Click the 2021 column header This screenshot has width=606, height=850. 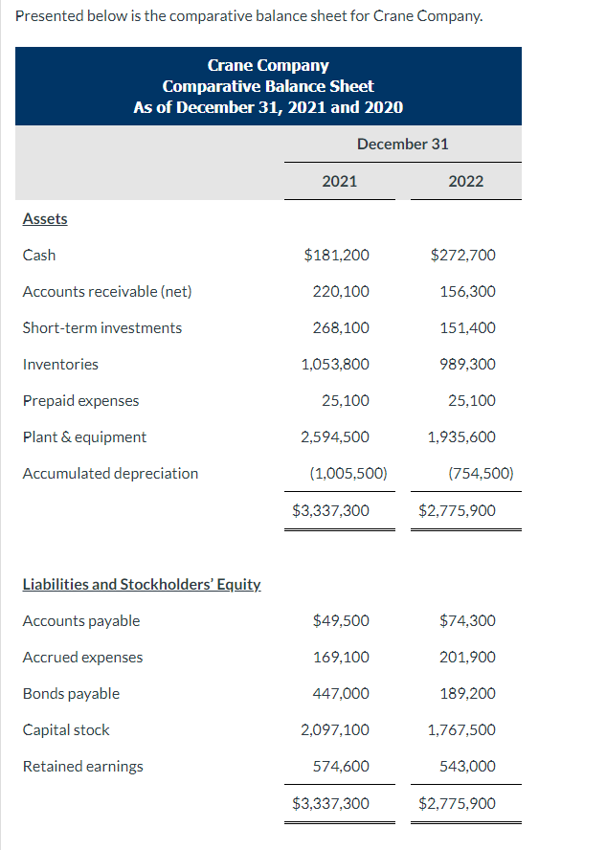pos(339,181)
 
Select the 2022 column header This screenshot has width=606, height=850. pos(465,181)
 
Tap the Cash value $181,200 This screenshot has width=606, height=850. pos(336,255)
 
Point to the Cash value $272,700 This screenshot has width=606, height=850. pos(463,255)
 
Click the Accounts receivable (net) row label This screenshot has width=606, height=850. pos(107,291)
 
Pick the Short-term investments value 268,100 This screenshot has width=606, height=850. pos(341,327)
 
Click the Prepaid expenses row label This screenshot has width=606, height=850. pos(80,400)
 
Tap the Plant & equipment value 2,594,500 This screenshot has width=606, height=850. pos(335,436)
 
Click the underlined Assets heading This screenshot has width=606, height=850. pos(45,218)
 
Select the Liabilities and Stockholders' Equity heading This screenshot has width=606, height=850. pos(142,584)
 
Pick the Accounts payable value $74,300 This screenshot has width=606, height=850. pos(467,620)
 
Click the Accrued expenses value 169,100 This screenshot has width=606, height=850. pos(341,657)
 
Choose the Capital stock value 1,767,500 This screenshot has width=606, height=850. pos(461,729)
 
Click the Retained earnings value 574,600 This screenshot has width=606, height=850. pos(341,766)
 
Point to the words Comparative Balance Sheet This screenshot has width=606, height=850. pos(268,86)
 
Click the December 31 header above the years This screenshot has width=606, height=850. pos(402,144)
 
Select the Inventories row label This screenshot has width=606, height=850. pos(60,364)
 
